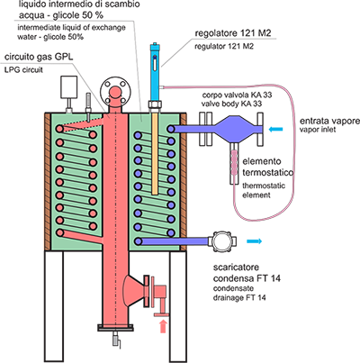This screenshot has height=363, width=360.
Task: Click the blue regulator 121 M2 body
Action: (x=155, y=72)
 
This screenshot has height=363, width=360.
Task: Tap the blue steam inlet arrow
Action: (x=275, y=130)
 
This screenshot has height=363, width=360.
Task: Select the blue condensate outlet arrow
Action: (x=254, y=241)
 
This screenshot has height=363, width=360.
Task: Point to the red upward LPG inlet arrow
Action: (x=163, y=326)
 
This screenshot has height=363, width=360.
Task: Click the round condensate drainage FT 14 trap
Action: (x=222, y=241)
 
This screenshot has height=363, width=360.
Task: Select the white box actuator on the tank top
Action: (x=69, y=87)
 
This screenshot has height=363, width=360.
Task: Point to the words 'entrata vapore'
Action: (x=329, y=121)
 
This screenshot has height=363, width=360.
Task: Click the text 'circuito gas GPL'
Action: (x=39, y=57)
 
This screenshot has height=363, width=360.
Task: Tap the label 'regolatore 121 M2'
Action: (x=233, y=33)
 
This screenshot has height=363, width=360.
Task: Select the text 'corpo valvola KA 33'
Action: (x=237, y=95)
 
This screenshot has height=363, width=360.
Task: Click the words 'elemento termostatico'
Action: (x=268, y=167)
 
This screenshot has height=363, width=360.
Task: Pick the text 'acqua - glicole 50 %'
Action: (x=61, y=15)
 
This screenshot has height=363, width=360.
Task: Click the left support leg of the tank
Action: (x=54, y=306)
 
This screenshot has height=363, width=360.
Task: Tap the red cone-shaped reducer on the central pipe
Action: (x=134, y=291)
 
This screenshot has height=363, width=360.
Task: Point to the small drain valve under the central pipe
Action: (x=117, y=340)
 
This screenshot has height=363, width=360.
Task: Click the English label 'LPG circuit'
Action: (x=23, y=70)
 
